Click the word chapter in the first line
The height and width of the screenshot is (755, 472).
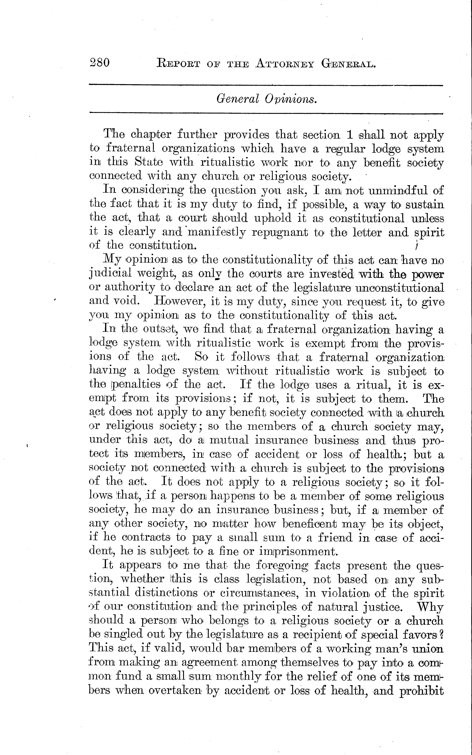click(151, 135)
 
